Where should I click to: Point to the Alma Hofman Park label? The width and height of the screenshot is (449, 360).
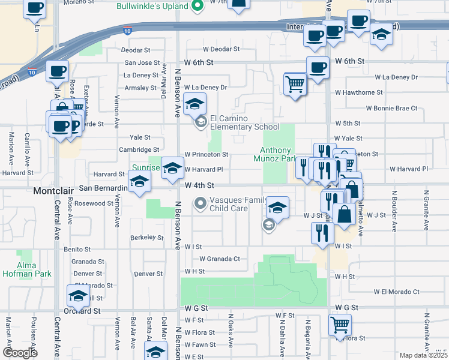26,269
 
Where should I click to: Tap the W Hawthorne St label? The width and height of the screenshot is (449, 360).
359,92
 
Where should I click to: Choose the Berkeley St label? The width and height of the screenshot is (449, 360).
147,238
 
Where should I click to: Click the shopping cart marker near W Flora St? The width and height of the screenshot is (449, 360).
340,325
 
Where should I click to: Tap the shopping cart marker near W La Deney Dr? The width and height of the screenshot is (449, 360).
295,83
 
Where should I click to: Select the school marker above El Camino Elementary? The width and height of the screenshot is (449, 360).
194,105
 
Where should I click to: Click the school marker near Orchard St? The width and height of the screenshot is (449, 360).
78,296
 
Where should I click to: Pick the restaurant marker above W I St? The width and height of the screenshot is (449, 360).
322,233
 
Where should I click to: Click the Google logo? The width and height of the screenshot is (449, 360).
20,353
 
